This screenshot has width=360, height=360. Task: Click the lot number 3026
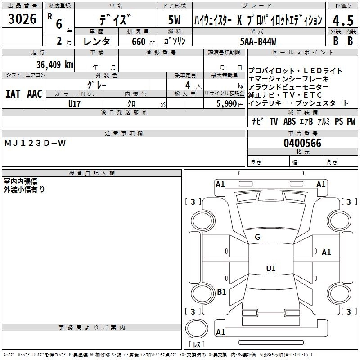(22, 20)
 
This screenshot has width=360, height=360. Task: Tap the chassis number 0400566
(302, 144)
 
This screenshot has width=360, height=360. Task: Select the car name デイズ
(116, 20)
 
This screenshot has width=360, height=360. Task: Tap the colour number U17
(75, 103)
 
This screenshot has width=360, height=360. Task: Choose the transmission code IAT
(13, 94)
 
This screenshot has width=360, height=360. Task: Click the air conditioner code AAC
(35, 94)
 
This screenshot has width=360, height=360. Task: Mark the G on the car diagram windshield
(257, 237)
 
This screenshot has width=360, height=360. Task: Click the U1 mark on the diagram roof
(270, 269)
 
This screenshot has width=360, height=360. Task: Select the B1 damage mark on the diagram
(221, 292)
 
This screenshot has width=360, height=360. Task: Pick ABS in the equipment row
(289, 121)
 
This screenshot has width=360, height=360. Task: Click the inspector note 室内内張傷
(21, 181)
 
